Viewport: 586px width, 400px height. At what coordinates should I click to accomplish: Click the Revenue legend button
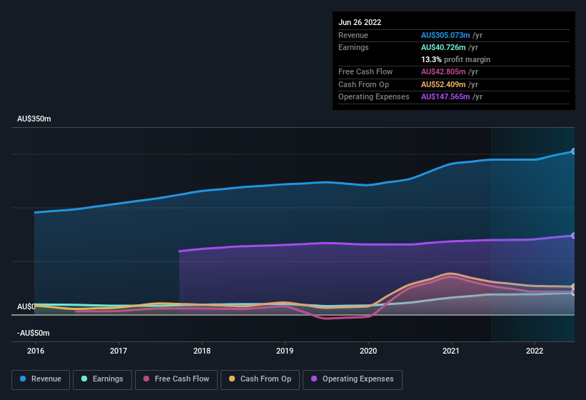(41, 379)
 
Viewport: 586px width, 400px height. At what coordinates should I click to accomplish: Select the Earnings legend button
(102, 379)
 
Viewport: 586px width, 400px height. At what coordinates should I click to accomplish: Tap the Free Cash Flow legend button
(176, 379)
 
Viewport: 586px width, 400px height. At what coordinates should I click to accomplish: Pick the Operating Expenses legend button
(352, 379)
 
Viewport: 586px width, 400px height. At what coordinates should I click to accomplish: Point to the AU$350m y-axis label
(34, 119)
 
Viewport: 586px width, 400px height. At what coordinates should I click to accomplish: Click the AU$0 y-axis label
(26, 306)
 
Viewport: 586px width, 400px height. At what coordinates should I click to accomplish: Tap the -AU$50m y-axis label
(34, 333)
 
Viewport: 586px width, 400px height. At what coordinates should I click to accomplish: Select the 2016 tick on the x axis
(36, 351)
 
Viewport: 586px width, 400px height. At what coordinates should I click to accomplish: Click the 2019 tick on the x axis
(285, 351)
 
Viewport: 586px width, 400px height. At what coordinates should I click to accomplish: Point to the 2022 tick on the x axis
(535, 351)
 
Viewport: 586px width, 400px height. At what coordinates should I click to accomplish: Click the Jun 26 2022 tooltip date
(360, 22)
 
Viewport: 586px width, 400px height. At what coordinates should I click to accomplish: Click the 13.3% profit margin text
(455, 59)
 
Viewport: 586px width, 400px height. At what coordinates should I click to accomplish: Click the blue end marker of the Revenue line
(573, 151)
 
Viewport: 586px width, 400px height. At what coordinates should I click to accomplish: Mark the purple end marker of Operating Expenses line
(573, 236)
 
